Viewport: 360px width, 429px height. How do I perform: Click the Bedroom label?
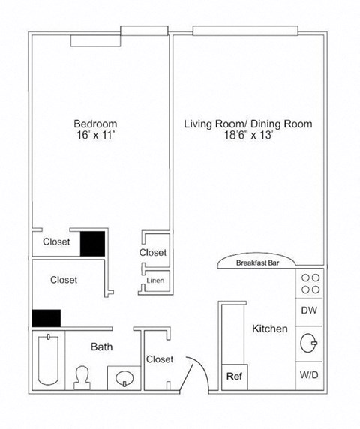[94, 124]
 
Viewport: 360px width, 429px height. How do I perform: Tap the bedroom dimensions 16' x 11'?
[94, 137]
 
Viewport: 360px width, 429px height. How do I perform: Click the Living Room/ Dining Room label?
[248, 124]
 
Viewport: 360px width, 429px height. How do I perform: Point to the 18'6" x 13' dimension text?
[248, 137]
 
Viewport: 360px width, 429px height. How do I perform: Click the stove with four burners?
[311, 283]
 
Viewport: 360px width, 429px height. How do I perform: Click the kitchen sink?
[309, 343]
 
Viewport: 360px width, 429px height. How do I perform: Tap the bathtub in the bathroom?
[46, 361]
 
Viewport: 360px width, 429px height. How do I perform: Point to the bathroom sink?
[124, 377]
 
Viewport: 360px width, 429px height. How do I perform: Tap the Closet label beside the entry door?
[160, 359]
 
